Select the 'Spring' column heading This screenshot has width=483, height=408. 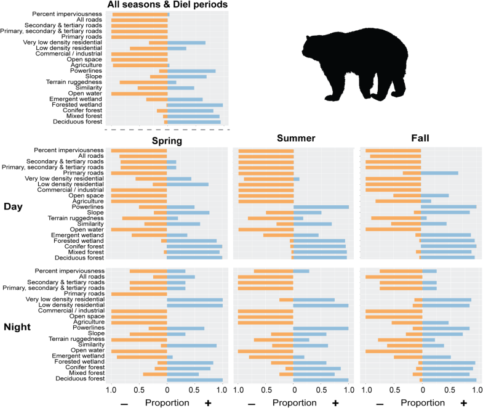(167, 141)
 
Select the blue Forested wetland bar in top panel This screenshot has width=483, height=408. (195, 105)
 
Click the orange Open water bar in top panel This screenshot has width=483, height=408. (139, 93)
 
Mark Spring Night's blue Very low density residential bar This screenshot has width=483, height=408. (194, 300)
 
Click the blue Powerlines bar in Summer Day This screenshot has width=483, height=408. (321, 207)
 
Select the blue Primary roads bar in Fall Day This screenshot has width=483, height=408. (439, 173)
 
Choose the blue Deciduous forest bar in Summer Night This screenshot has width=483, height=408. (321, 379)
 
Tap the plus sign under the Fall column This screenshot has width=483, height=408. (463, 402)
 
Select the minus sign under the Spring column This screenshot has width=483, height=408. (125, 403)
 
